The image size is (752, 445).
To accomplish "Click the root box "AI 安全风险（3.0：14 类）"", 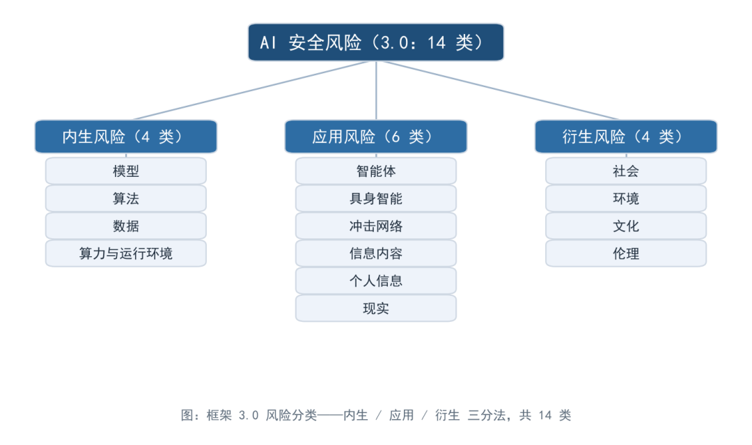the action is click(376, 42).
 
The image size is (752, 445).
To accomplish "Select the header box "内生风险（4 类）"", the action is click(125, 136).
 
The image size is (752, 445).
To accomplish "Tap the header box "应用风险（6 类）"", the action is click(376, 136).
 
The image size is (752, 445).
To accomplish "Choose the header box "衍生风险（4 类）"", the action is click(626, 136).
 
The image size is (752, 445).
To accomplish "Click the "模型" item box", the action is click(125, 171).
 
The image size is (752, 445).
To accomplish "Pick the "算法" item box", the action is click(125, 198).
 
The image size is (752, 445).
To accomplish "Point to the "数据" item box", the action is click(125, 226).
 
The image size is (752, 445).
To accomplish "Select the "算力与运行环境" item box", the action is click(125, 253).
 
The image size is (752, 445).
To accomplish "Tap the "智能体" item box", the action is click(376, 171).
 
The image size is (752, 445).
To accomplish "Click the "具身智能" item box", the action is click(376, 198).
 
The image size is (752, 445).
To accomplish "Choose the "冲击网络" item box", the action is click(376, 226).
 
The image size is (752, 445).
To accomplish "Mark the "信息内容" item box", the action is click(376, 253).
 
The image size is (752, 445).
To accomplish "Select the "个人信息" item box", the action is click(376, 281).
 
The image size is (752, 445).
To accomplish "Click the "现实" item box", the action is click(376, 309).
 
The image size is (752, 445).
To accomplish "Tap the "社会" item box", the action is click(626, 171).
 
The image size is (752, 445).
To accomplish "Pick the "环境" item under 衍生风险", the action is click(626, 198).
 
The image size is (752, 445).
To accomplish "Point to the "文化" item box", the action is click(626, 226).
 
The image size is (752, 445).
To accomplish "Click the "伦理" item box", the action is click(626, 253).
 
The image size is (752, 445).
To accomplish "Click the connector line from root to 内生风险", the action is click(251, 90).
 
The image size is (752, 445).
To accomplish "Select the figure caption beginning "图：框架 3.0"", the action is click(376, 415).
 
